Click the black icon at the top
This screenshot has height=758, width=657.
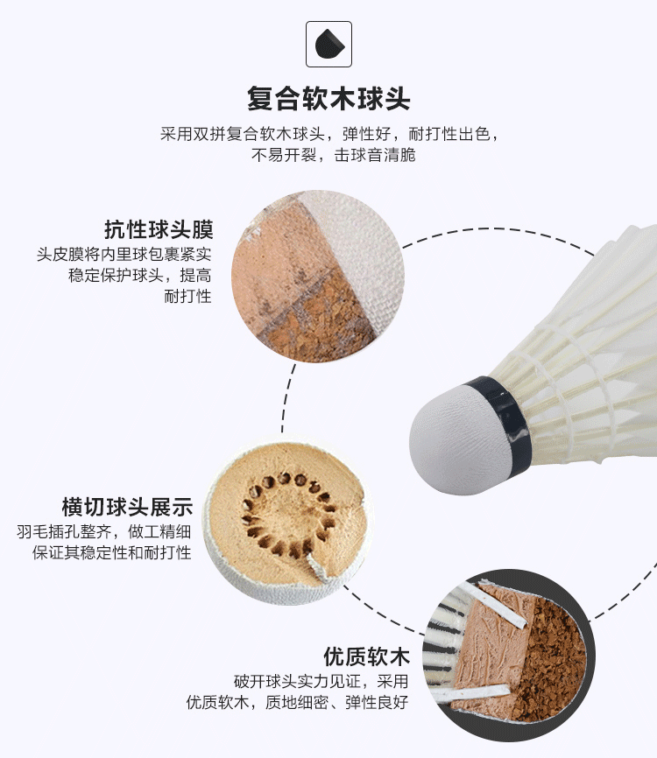point(329,44)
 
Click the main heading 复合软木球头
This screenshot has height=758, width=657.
point(328,99)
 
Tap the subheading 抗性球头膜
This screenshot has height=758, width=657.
point(159,229)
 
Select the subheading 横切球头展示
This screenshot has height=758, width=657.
point(127,507)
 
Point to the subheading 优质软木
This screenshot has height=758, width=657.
point(366,656)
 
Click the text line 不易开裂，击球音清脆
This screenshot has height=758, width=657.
point(334,155)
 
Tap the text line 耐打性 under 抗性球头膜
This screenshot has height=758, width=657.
point(187,296)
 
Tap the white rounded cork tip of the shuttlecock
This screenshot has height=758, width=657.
point(448,440)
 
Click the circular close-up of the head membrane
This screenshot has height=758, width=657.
point(318,277)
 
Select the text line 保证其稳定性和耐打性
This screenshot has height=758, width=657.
point(112,552)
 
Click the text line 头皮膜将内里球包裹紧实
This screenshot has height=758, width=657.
point(124,255)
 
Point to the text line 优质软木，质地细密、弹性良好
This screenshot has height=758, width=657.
point(298,702)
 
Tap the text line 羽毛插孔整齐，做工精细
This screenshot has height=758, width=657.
point(104,532)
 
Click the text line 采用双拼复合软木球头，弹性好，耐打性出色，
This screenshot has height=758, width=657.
point(329,134)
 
